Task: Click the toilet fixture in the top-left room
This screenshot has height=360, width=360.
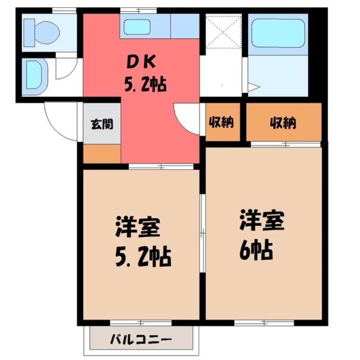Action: tap(42, 31)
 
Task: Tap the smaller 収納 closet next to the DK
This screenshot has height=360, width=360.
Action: tap(223, 122)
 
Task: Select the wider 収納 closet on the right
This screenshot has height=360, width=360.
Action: tap(283, 122)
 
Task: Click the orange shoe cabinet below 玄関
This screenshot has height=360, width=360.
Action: tap(102, 153)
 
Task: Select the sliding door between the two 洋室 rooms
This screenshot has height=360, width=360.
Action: tap(202, 234)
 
